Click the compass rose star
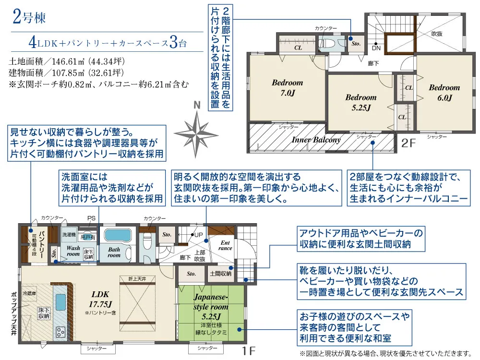[196, 134]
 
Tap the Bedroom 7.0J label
[288, 87]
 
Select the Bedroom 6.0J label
[444, 93]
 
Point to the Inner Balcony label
[316, 140]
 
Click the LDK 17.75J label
[100, 299]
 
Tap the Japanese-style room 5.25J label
[211, 307]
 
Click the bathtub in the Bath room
[118, 235]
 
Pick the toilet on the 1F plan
[147, 240]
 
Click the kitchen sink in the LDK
[60, 302]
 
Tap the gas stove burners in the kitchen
[60, 332]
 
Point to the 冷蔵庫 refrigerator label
[29, 293]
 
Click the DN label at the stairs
[376, 48]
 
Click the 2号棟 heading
[29, 17]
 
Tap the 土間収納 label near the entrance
[220, 274]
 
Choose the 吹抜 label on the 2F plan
[437, 34]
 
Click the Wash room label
[73, 251]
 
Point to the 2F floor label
[408, 143]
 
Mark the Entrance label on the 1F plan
[225, 245]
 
